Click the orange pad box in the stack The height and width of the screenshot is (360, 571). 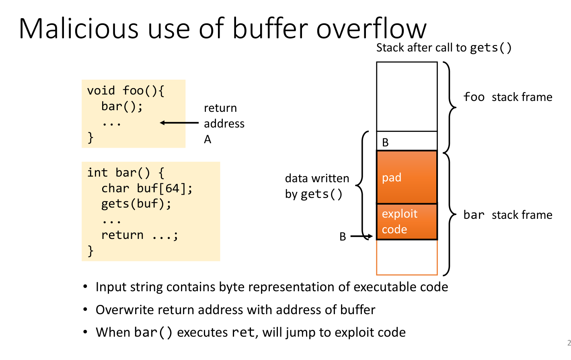[407, 177]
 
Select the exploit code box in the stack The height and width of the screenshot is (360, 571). [407, 221]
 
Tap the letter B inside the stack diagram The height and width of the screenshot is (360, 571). [385, 142]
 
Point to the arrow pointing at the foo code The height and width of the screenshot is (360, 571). [179, 123]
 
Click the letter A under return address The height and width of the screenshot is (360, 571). [207, 139]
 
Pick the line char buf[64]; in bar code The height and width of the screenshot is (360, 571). [147, 188]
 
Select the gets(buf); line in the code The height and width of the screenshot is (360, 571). [136, 204]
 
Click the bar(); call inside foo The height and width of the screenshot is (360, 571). [122, 106]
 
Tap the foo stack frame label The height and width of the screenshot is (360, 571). [507, 97]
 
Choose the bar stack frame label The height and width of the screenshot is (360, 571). [507, 215]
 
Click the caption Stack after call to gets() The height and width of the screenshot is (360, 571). [444, 48]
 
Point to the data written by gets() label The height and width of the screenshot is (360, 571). [317, 186]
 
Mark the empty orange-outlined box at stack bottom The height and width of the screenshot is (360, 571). [407, 257]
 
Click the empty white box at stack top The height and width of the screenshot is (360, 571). [407, 97]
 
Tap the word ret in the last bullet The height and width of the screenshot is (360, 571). [243, 333]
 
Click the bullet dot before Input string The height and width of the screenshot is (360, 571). [85, 287]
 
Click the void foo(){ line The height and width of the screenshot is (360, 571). [125, 91]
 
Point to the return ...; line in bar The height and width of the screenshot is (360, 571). [139, 235]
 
